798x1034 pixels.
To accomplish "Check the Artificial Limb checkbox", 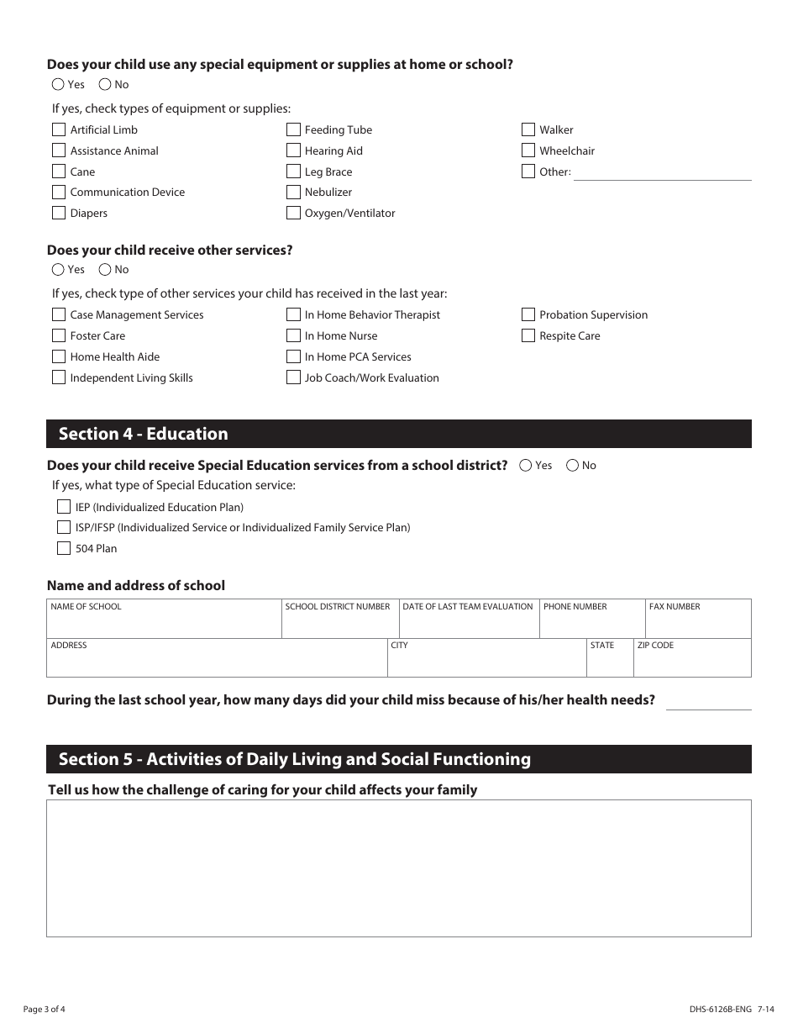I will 59,129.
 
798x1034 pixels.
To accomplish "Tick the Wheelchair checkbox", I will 528,150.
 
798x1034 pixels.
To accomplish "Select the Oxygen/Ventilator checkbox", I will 293,213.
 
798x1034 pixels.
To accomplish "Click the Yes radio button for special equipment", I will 58,84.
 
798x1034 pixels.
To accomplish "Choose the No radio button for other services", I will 105,270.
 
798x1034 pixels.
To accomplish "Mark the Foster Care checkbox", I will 59,335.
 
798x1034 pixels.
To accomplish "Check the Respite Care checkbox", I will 528,335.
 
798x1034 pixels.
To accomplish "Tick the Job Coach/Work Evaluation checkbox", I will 293,377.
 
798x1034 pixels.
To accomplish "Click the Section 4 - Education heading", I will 144,434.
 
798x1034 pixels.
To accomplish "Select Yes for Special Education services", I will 526,465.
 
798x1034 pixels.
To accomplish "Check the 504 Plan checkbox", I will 64,548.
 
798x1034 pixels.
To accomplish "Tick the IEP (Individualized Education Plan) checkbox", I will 64,507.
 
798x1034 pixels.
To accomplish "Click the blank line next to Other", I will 662,172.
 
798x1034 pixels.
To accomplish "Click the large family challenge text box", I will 399,868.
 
